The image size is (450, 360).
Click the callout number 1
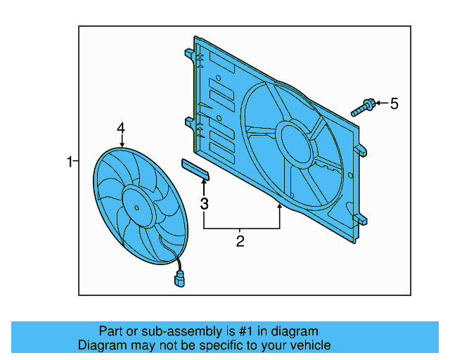pyautogui.click(x=70, y=162)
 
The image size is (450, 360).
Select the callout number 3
pyautogui.click(x=205, y=205)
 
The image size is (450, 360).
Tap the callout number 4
pyautogui.click(x=121, y=128)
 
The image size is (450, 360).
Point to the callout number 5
pyautogui.click(x=394, y=104)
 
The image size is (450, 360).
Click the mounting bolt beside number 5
pyautogui.click(x=364, y=108)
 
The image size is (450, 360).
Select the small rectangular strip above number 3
pyautogui.click(x=195, y=168)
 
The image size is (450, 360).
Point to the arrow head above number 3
pyautogui.click(x=205, y=182)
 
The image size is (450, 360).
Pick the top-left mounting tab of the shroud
pyautogui.click(x=189, y=53)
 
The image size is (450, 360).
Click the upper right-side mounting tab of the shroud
pyautogui.click(x=361, y=150)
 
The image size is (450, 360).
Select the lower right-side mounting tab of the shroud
pyautogui.click(x=361, y=219)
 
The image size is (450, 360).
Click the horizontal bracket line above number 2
pyautogui.click(x=241, y=229)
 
